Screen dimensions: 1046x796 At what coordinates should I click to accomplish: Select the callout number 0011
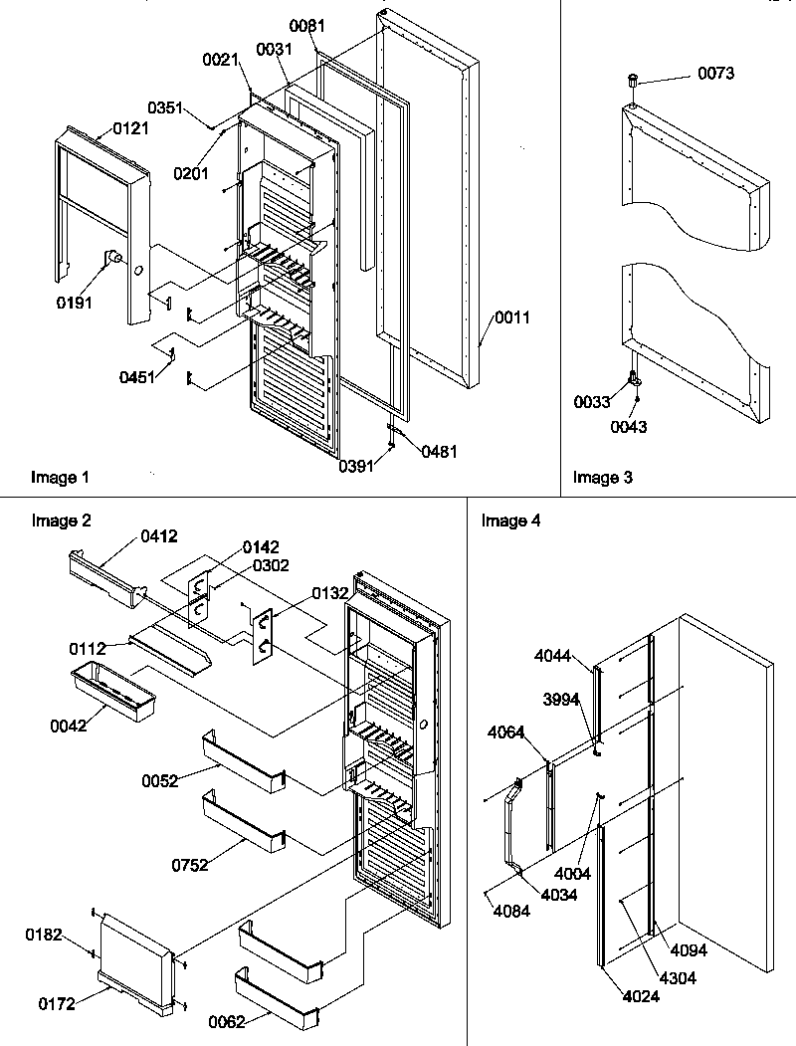pyautogui.click(x=513, y=318)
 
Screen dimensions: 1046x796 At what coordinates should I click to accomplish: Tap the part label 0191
pyautogui.click(x=75, y=303)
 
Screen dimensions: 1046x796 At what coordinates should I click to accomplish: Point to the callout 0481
pyautogui.click(x=439, y=451)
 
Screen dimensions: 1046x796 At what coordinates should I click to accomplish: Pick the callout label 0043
pyautogui.click(x=630, y=427)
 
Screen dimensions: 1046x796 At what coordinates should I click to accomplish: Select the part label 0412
pyautogui.click(x=159, y=536)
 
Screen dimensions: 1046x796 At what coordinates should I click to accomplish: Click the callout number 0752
pyautogui.click(x=189, y=865)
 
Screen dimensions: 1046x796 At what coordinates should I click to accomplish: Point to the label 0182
pyautogui.click(x=46, y=935)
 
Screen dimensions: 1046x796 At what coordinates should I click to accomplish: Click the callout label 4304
pyautogui.click(x=677, y=977)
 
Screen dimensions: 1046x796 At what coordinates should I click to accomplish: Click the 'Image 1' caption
pyautogui.click(x=60, y=478)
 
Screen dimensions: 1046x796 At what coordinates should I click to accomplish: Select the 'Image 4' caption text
pyautogui.click(x=510, y=521)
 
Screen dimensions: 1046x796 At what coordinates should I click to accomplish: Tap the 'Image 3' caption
pyautogui.click(x=602, y=478)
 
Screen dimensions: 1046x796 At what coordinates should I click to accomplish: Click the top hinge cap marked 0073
pyautogui.click(x=632, y=79)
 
